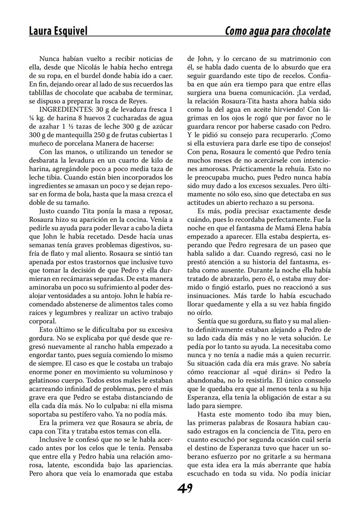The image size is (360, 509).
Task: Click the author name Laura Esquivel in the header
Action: (x=58, y=31)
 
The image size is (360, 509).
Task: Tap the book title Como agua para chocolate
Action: (x=278, y=31)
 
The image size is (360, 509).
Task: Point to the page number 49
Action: (x=185, y=489)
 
